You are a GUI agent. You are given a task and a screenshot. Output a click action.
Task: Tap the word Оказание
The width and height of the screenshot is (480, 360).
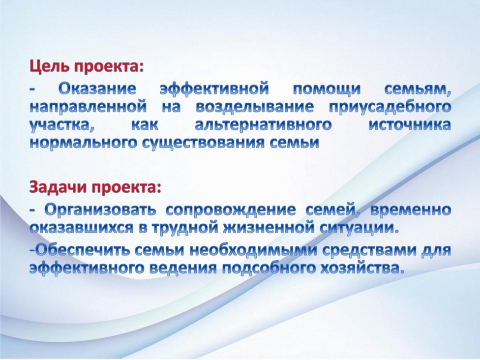(97, 89)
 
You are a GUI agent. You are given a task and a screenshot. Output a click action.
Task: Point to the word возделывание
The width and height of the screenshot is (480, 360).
(255, 108)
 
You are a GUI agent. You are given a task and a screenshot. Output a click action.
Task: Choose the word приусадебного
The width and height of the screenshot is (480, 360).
(390, 108)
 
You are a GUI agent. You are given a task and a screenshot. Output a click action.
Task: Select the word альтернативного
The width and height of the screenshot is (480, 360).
(263, 125)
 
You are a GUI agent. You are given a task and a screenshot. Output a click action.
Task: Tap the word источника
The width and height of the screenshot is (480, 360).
(410, 125)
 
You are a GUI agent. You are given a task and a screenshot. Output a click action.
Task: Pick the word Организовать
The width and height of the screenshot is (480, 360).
(100, 210)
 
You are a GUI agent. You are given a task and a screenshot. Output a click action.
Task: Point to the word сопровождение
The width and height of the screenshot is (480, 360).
(231, 210)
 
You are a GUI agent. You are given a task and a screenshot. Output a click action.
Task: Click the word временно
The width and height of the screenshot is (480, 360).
(411, 210)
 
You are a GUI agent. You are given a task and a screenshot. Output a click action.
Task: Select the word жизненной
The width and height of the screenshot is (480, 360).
(272, 228)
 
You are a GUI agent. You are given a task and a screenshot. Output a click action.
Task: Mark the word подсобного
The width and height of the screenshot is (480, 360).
(268, 269)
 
